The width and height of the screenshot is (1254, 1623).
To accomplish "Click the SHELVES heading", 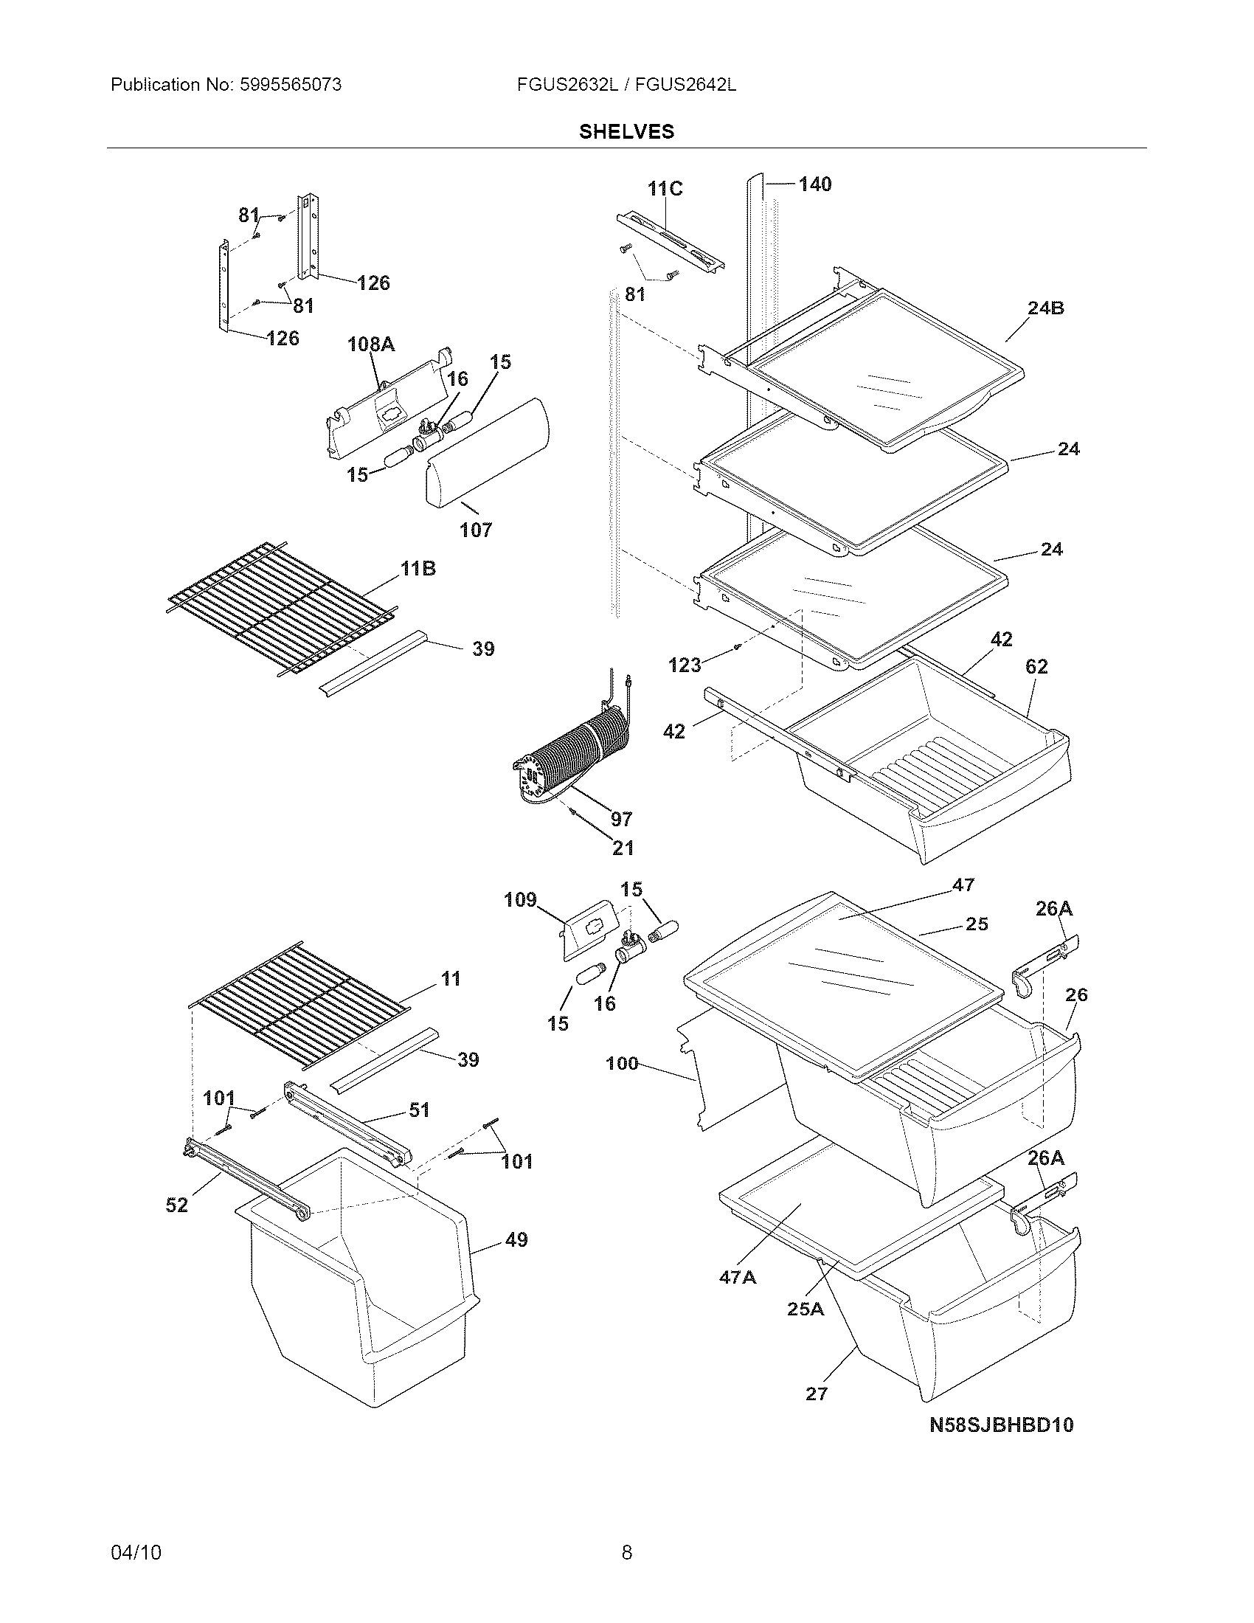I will pos(626,131).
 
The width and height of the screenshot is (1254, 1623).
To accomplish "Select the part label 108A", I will pos(371,344).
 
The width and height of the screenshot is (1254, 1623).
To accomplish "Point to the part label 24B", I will pos(1046,308).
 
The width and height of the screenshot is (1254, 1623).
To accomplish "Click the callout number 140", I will pos(815,184).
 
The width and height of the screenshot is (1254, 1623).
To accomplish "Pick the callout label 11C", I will pos(665,189).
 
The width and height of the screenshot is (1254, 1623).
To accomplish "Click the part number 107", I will pos(476,530).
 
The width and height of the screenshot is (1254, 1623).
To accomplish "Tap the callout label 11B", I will pos(418,570).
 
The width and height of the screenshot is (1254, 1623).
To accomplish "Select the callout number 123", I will pos(685,665).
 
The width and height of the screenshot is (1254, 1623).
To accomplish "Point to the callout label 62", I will pos(1036,667).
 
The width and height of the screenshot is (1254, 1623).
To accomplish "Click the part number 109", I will pos(520,900).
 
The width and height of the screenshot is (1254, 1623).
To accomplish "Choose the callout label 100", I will pos(622,1063).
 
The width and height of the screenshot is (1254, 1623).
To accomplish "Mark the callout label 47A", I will pos(738,1277).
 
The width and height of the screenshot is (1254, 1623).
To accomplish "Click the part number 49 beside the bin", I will pos(516,1239).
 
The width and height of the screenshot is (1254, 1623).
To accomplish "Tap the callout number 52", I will pos(177,1205).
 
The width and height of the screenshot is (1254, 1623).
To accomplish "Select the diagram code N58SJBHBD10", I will pos(1002,1425).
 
